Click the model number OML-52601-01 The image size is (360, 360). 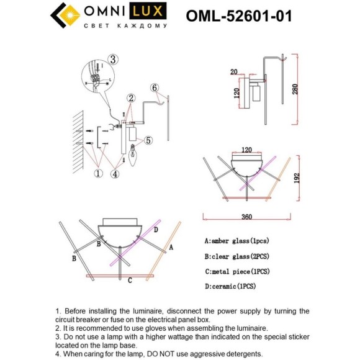pyautogui.click(x=239, y=16)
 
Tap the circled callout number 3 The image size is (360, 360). pyautogui.click(x=112, y=60)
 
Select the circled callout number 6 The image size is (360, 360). pyautogui.click(x=155, y=88)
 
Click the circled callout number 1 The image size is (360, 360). pyautogui.click(x=97, y=174)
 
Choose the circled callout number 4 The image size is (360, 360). pyautogui.click(x=116, y=174)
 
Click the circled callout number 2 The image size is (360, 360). pyautogui.click(x=131, y=98)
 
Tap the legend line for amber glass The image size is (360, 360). pyautogui.click(x=236, y=240)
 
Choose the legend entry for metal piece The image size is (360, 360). pyautogui.click(x=236, y=271)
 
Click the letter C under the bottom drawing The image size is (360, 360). pyautogui.click(x=129, y=281)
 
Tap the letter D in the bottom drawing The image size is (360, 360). pyautogui.click(x=156, y=230)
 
